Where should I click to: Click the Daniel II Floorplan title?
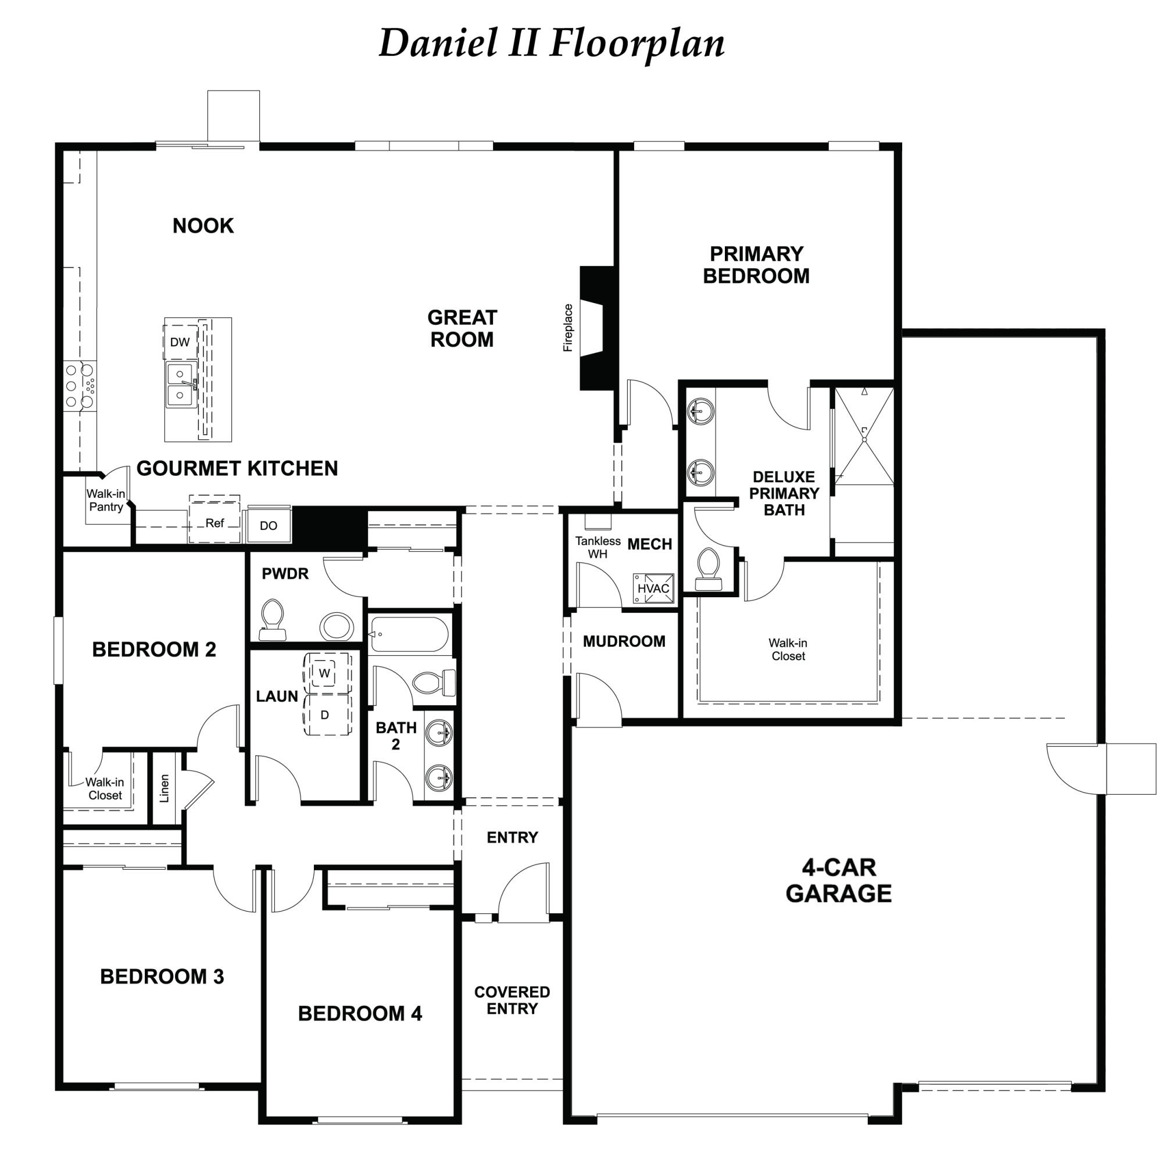tap(551, 44)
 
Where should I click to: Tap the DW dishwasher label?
tap(180, 342)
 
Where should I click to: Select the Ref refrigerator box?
tap(215, 519)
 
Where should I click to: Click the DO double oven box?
tap(269, 525)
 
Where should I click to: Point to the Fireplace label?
tap(568, 328)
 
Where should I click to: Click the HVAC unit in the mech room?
tap(653, 588)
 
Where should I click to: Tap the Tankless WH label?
tap(598, 547)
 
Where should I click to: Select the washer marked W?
tap(325, 673)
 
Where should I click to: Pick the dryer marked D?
tap(325, 715)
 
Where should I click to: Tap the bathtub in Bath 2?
tap(409, 634)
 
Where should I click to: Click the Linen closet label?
tap(165, 788)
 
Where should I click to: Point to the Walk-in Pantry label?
tap(106, 500)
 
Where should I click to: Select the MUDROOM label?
tap(624, 641)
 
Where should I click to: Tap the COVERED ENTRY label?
tap(512, 1000)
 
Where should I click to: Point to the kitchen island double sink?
tap(181, 385)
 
